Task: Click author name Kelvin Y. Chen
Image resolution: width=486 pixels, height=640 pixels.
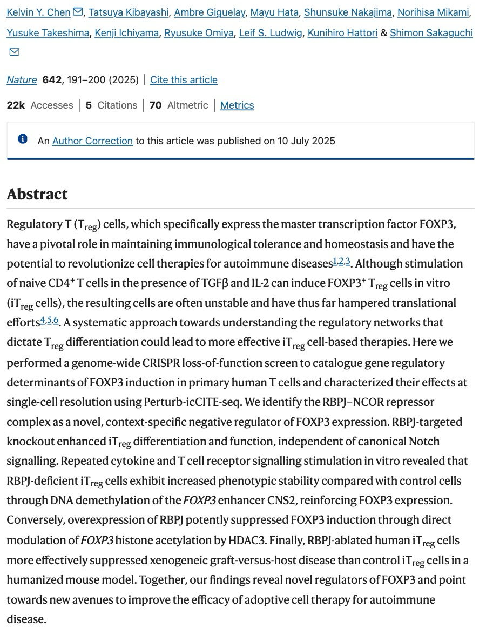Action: pyautogui.click(x=38, y=12)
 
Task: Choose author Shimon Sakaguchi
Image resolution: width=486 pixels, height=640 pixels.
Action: pyautogui.click(x=431, y=33)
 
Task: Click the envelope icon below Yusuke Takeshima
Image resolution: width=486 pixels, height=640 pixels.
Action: pyautogui.click(x=15, y=52)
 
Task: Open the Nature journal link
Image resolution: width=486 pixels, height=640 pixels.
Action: pyautogui.click(x=22, y=80)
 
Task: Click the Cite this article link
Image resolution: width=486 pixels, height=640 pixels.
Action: pyautogui.click(x=184, y=80)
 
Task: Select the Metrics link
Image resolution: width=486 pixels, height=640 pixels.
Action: pyautogui.click(x=237, y=105)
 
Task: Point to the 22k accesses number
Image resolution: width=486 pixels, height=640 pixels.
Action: pyautogui.click(x=16, y=105)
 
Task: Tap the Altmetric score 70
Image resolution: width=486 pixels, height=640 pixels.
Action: pyautogui.click(x=156, y=105)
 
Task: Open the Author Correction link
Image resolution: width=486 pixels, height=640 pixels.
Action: pyautogui.click(x=92, y=141)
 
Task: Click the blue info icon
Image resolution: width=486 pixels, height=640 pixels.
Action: pyautogui.click(x=23, y=139)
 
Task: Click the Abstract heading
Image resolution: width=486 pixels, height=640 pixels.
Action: pyautogui.click(x=37, y=194)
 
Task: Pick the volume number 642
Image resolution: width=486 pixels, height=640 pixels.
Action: pyautogui.click(x=52, y=80)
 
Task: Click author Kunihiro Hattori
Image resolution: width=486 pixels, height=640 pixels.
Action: pyautogui.click(x=342, y=33)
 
